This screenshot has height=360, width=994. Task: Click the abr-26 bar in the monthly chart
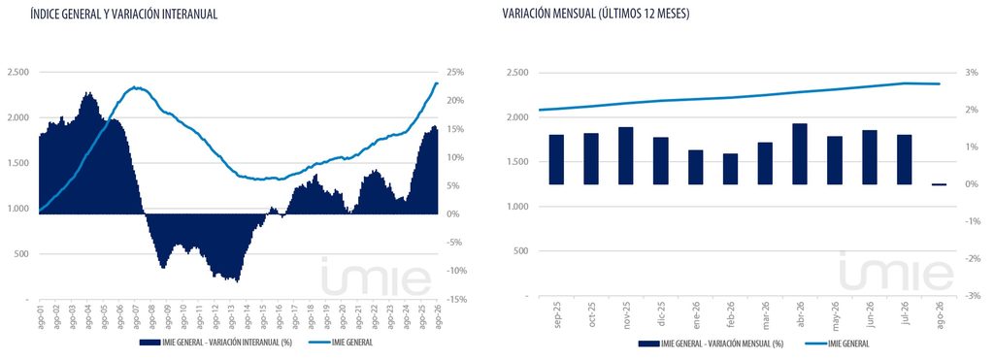coord(800,154)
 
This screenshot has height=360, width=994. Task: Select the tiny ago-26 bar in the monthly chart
coord(939,184)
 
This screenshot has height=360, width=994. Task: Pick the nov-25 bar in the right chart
coord(626,156)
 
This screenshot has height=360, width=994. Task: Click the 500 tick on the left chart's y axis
coord(21,254)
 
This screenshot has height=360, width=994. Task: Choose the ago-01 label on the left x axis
coord(39,315)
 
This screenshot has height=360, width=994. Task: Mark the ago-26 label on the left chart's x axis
coord(437,315)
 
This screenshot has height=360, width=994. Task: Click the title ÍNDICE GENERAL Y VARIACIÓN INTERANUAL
coord(123,15)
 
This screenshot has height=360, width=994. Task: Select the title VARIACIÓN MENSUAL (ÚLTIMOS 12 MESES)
coord(596,15)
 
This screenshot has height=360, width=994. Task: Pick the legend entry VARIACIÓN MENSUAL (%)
coord(712,343)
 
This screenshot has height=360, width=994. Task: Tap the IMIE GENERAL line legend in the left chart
coord(340,343)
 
